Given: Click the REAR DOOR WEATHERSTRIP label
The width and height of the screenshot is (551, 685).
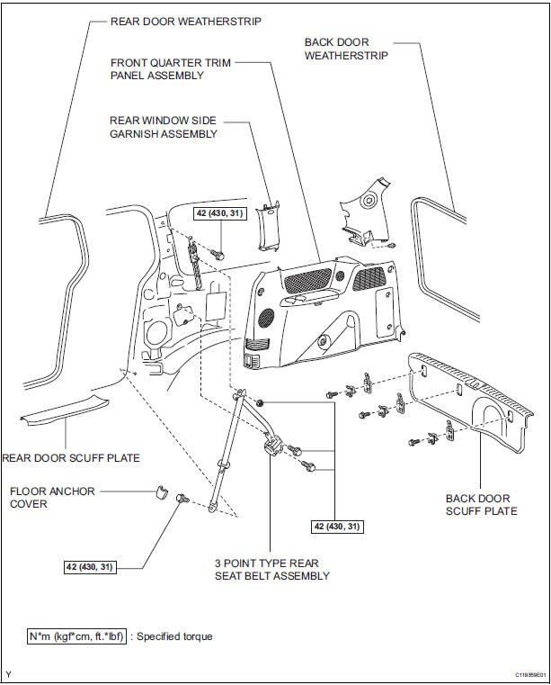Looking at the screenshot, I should coord(184,22).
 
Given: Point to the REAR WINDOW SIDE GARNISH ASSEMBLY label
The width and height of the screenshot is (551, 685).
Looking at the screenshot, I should coord(164,127).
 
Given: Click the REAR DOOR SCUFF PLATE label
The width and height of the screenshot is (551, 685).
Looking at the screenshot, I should coord(72,458).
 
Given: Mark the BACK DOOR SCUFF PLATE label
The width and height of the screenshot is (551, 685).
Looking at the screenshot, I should coord(482,505).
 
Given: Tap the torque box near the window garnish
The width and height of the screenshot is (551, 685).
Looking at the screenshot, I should coord(213,213).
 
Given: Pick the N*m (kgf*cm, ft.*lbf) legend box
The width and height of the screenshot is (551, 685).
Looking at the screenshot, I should coord(76,635).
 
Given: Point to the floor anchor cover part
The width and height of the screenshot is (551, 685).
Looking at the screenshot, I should coord(161,491).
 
